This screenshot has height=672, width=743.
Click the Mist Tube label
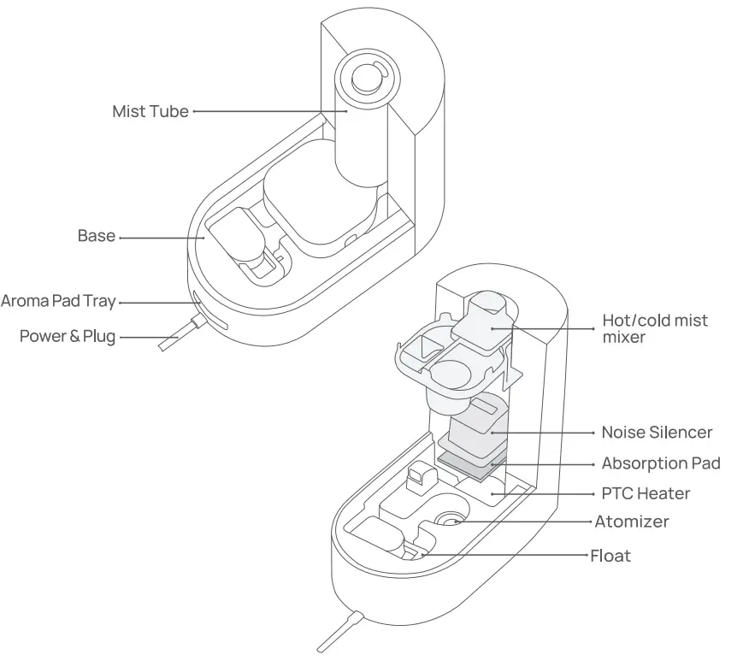150,111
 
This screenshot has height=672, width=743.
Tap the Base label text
96,235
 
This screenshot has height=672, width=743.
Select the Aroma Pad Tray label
58,301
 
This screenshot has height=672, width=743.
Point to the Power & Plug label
68,336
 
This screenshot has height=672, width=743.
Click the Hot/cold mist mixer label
655,328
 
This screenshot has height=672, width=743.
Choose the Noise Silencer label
657,432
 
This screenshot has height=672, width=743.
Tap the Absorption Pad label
661,463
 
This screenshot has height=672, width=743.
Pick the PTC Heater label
646,493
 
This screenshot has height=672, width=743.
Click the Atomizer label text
632,521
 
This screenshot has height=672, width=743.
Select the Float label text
610,556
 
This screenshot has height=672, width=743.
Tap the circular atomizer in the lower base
451,518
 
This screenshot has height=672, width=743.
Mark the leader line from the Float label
504,556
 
